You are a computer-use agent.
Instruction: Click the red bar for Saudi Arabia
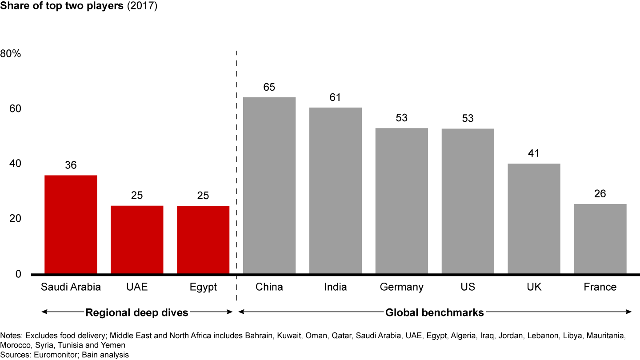click(x=71, y=224)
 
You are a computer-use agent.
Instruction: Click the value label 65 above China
click(x=269, y=87)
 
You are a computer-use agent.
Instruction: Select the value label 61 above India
click(x=335, y=98)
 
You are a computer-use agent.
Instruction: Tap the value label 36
click(x=71, y=165)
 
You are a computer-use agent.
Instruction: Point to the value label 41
click(x=534, y=153)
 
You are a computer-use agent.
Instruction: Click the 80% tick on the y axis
click(x=11, y=54)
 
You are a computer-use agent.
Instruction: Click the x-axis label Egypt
click(x=203, y=287)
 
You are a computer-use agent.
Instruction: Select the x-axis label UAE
click(x=137, y=287)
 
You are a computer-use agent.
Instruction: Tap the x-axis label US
click(x=468, y=287)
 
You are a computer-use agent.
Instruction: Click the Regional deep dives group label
click(x=137, y=312)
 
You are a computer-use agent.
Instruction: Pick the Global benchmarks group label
click(x=434, y=312)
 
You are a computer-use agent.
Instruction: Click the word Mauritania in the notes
click(x=606, y=336)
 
